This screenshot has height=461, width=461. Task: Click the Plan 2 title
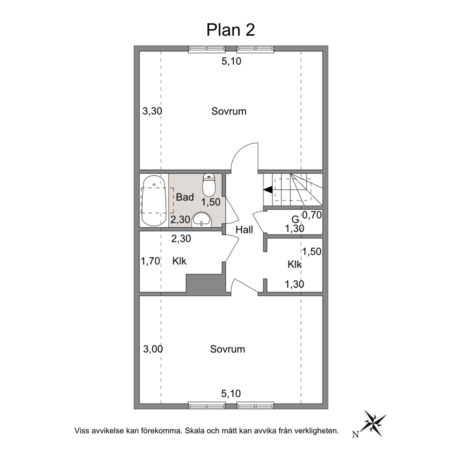coord(230,30)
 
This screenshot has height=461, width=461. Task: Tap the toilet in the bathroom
coord(209,185)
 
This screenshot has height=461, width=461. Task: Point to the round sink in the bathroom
coord(202,220)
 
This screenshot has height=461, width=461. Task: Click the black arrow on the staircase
coord(268,190)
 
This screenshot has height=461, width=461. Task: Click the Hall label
coord(244,230)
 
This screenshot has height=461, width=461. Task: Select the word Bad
coord(185,197)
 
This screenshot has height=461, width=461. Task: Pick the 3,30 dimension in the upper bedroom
coord(152,111)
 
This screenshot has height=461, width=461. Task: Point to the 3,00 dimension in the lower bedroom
coord(153,349)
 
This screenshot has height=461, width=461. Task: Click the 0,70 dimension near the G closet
coord(312,215)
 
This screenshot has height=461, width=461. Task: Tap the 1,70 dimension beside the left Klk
coord(150,261)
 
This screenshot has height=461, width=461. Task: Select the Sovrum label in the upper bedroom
coord(229,111)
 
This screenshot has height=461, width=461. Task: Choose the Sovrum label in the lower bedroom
coord(228,349)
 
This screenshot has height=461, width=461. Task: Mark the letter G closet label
coord(295,219)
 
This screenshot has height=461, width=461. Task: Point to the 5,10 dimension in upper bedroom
coord(231,61)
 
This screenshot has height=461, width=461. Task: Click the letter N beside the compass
coord(356,435)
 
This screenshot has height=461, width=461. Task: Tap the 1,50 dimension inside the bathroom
coord(211,202)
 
